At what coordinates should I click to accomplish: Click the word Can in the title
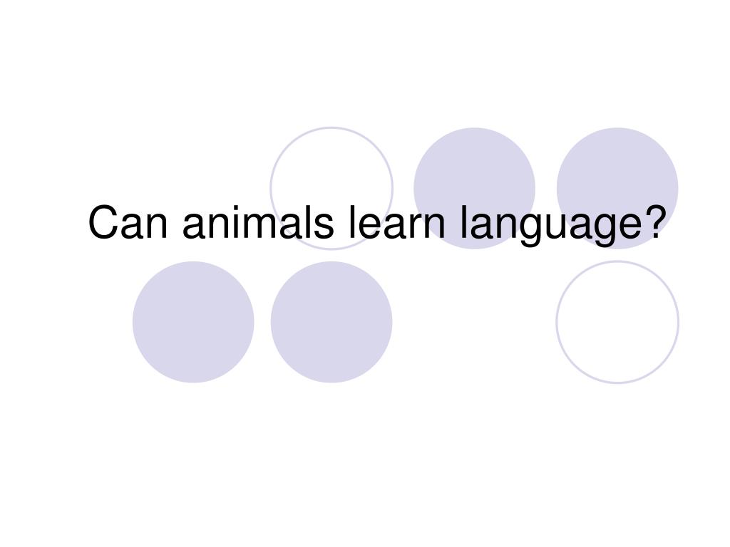(128, 223)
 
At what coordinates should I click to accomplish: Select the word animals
(258, 222)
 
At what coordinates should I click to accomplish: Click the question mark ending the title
(652, 222)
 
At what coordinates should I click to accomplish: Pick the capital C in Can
(103, 223)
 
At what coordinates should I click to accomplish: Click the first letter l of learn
(352, 222)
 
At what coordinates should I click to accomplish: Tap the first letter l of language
(463, 222)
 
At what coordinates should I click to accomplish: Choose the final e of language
(627, 226)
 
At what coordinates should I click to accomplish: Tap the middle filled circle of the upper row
(474, 188)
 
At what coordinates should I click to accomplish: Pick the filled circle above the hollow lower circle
(617, 188)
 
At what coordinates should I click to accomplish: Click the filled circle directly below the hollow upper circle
(331, 322)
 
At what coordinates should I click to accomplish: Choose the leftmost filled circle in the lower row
(193, 322)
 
